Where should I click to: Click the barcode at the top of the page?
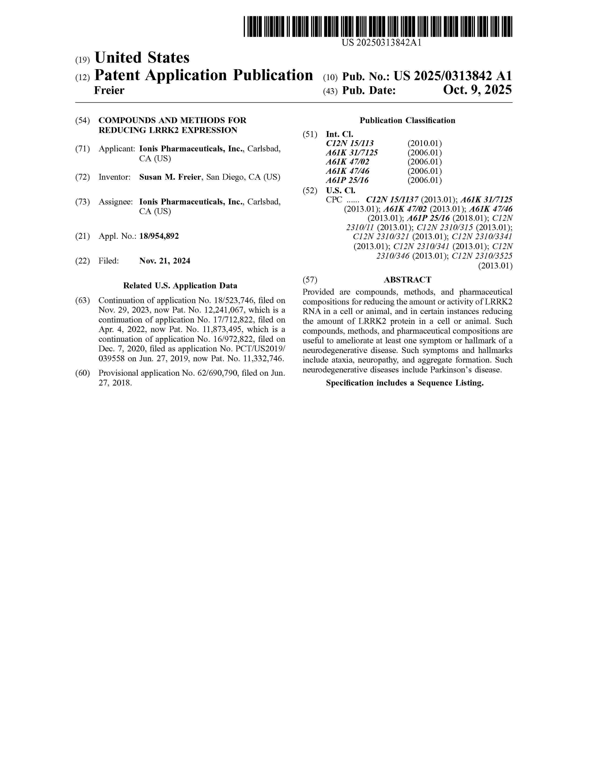point(378,26)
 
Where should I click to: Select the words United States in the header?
point(142,57)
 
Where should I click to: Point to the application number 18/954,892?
point(159,236)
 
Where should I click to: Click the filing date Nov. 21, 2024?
point(165,261)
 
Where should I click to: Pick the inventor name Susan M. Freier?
point(170,177)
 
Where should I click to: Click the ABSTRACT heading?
point(407,280)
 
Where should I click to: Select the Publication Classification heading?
point(407,121)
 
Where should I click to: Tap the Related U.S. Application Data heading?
point(180,286)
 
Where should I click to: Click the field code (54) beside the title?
point(83,121)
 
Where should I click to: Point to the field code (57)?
point(310,280)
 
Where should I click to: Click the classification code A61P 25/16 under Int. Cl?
point(347,180)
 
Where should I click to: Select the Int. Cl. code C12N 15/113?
point(350,143)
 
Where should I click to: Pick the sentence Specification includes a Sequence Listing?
point(405,383)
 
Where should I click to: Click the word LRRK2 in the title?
point(162,130)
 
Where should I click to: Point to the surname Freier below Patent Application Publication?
point(109,90)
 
